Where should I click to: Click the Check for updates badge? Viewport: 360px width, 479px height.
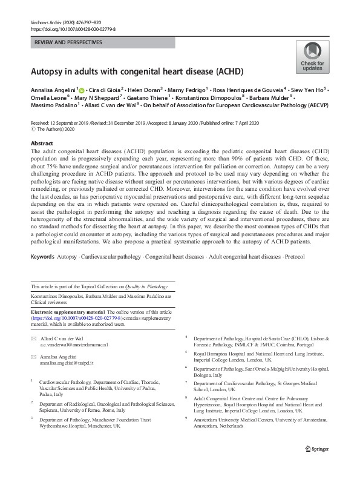[x=312, y=57]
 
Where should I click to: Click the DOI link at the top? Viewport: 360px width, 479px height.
[x=73, y=29]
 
